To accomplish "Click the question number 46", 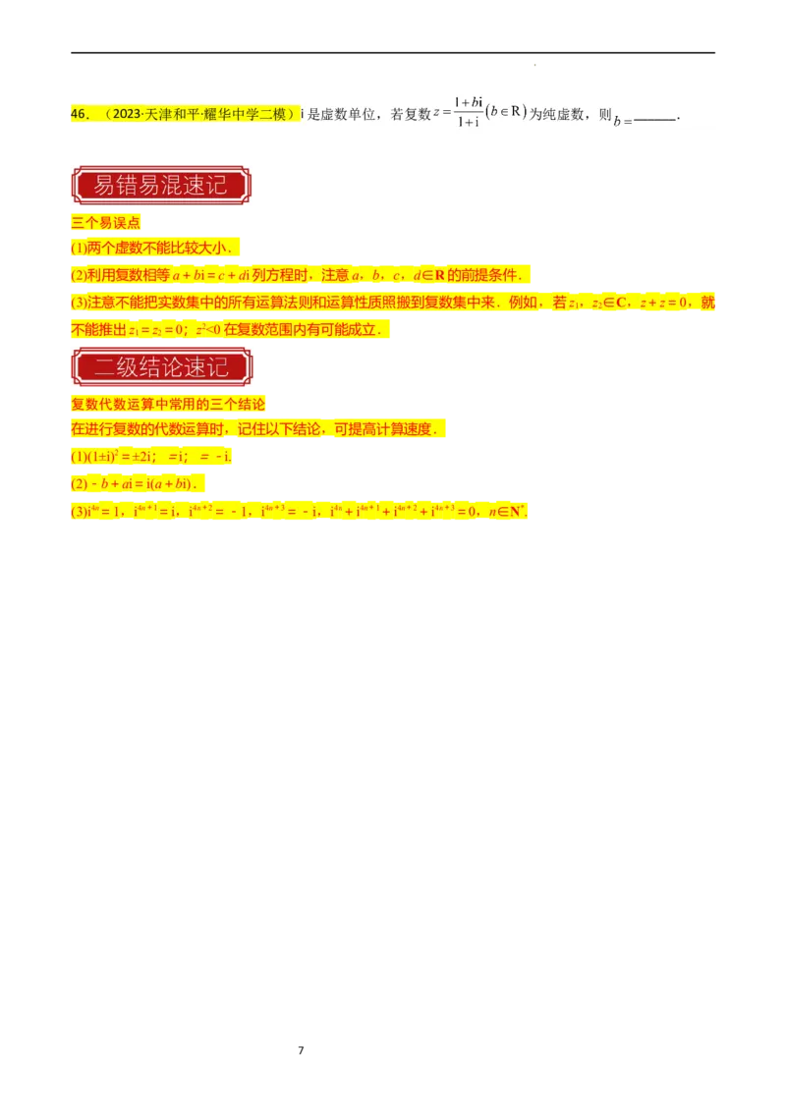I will (81, 115).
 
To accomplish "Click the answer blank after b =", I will (655, 120).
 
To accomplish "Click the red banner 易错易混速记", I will (159, 186).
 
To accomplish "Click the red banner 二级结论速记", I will (161, 367).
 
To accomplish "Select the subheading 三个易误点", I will (106, 223).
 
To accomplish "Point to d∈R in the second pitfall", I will (426, 275).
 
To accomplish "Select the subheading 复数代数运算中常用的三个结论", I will (168, 405).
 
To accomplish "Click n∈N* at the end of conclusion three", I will (507, 512).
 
